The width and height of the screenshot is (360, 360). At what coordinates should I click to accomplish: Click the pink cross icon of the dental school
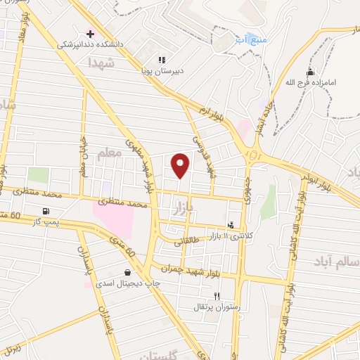coord(89,33)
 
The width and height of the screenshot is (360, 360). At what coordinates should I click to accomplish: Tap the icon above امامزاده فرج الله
coord(310,72)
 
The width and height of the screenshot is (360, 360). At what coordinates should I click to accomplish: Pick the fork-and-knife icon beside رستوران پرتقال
coord(217,296)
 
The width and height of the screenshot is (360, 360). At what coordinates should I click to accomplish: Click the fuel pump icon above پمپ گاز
coord(46,211)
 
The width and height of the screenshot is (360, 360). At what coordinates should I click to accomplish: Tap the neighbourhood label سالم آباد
coord(337,262)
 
